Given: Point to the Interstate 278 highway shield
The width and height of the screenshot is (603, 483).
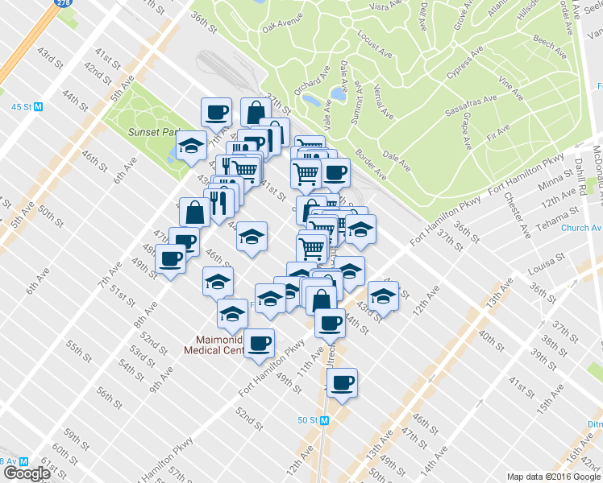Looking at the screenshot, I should click(x=61, y=3).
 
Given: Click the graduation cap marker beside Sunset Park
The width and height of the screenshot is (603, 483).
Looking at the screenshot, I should click(x=191, y=146).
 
